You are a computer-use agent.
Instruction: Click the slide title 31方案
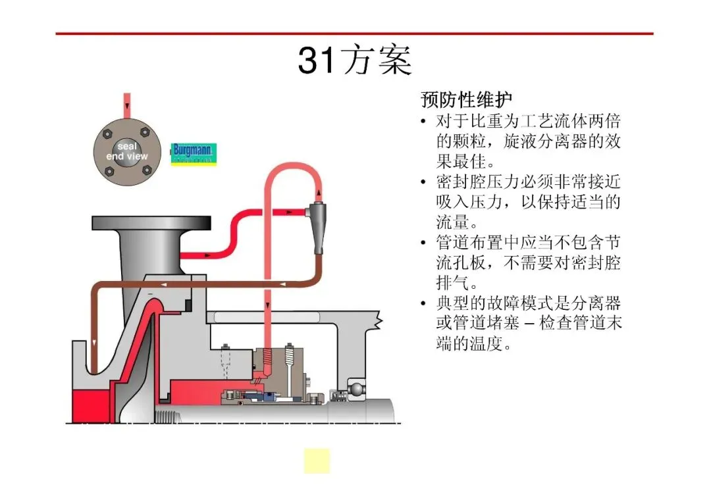pos(355,61)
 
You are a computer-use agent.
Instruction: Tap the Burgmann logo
pos(194,154)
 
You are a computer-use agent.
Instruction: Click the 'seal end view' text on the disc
pos(127,151)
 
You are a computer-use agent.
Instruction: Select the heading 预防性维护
pos(466,99)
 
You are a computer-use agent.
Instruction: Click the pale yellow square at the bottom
pos(317,461)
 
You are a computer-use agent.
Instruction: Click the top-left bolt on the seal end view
pos(107,134)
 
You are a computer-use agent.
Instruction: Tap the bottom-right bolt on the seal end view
pos(146,170)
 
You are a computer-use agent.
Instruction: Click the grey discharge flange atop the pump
pos(151,223)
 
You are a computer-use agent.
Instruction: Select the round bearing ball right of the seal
pos(357,389)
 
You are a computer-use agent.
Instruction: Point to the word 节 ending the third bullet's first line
pos(613,242)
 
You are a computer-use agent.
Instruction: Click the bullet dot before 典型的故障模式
pos(423,303)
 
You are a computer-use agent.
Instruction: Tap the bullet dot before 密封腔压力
pos(423,182)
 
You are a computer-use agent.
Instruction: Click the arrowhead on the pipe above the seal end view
pos(127,105)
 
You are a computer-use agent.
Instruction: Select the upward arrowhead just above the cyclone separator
pos(319,193)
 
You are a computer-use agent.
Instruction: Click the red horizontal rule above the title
pos(355,33)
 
